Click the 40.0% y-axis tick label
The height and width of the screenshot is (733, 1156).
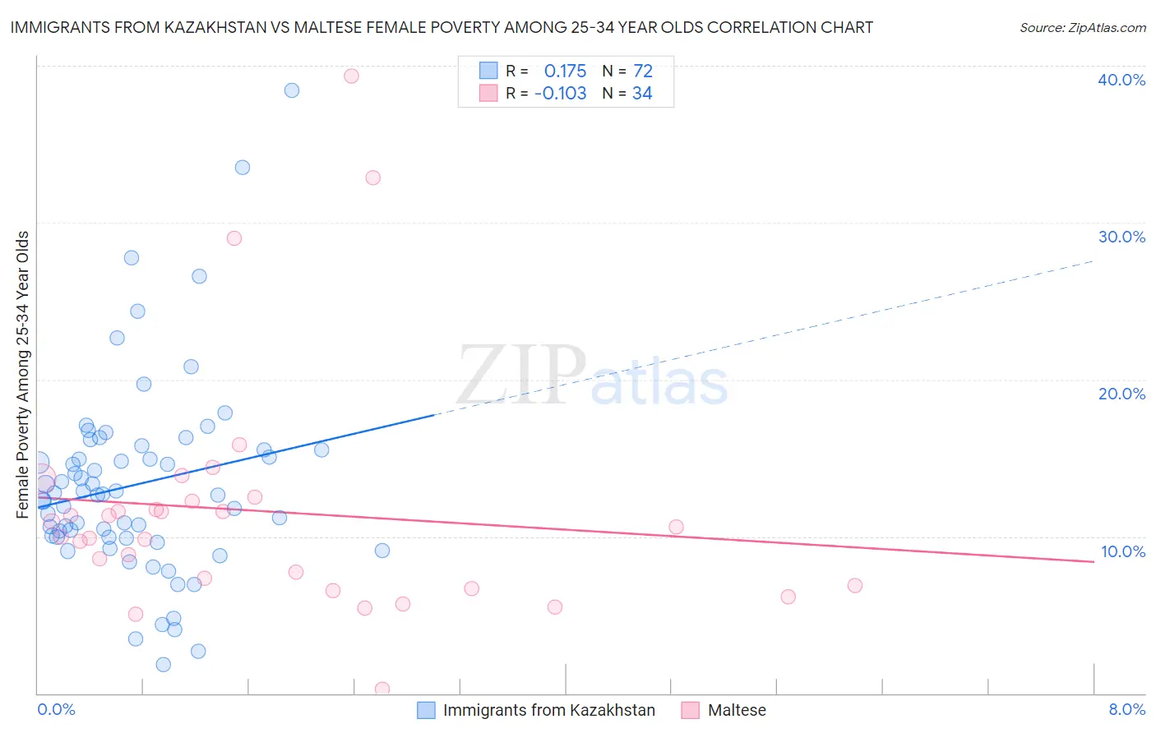(x=1121, y=80)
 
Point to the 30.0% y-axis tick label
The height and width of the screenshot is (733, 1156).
(x=1121, y=237)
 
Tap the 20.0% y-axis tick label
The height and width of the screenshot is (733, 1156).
(x=1121, y=394)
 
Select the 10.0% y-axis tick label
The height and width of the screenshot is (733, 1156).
(x=1122, y=551)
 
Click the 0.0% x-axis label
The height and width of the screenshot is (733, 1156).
(x=56, y=709)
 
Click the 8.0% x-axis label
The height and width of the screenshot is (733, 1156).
(x=1126, y=709)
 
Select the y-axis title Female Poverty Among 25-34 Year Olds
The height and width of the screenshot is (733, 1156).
(x=23, y=375)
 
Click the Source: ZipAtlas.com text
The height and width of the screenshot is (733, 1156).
(x=1082, y=27)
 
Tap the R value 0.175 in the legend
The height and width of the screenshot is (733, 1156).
(x=565, y=71)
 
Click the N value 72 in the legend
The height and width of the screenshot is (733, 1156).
(x=642, y=71)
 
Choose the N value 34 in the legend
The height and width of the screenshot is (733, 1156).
(x=642, y=94)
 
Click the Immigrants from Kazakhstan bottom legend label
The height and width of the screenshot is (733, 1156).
(x=548, y=710)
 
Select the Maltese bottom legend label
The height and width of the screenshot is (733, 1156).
(x=737, y=710)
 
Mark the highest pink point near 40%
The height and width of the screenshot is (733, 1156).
(x=351, y=76)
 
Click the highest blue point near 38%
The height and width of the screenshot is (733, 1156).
(x=292, y=90)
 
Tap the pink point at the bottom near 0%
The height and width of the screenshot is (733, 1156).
(x=382, y=689)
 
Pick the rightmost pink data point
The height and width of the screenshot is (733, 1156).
(x=854, y=585)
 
